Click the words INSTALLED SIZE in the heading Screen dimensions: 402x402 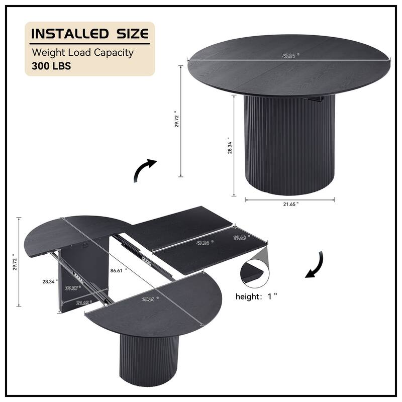click(90, 34)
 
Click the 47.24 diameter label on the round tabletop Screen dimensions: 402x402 click(288, 56)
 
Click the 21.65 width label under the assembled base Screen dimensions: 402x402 click(290, 204)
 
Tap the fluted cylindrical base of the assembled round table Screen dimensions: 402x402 click(289, 146)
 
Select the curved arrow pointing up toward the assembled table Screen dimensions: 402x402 click(145, 170)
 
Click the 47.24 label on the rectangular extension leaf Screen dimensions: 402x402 click(203, 242)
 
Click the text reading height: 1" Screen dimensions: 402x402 click(257, 296)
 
